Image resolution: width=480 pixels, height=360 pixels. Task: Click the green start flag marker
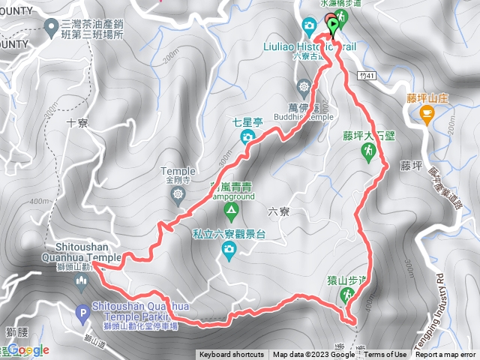pyautogui.click(x=333, y=23)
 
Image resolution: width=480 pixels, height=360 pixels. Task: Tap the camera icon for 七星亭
pyautogui.click(x=247, y=136)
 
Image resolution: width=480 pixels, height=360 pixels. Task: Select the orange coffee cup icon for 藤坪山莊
pyautogui.click(x=427, y=114)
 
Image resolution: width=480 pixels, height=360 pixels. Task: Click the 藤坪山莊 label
pyautogui.click(x=427, y=97)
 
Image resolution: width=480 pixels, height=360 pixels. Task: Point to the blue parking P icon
pyautogui.click(x=82, y=311)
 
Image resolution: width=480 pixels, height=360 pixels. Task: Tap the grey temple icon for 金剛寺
pyautogui.click(x=177, y=196)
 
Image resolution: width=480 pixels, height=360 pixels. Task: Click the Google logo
pyautogui.click(x=28, y=349)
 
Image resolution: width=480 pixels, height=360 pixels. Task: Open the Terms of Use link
pyautogui.click(x=386, y=355)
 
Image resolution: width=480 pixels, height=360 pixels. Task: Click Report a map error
pyautogui.click(x=445, y=355)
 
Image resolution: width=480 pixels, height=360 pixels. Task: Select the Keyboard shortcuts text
pyautogui.click(x=232, y=355)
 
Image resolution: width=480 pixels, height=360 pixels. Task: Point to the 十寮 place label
pyautogui.click(x=78, y=123)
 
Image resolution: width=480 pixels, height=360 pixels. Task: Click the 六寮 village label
pyautogui.click(x=278, y=212)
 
